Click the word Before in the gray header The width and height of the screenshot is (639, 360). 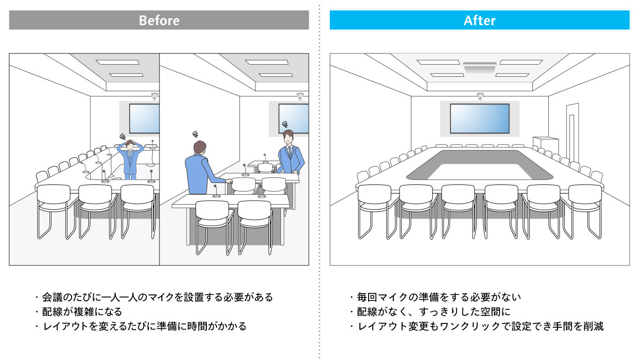(159, 21)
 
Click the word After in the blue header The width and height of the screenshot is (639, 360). (479, 21)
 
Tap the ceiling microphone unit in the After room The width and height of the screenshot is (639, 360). (479, 67)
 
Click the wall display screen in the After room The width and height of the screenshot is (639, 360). (479, 118)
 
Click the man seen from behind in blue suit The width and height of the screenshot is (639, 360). (200, 169)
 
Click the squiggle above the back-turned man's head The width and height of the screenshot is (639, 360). (195, 133)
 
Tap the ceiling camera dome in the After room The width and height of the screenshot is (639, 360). (479, 97)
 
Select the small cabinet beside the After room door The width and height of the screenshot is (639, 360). (545, 144)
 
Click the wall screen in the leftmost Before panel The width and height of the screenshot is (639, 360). (145, 118)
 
